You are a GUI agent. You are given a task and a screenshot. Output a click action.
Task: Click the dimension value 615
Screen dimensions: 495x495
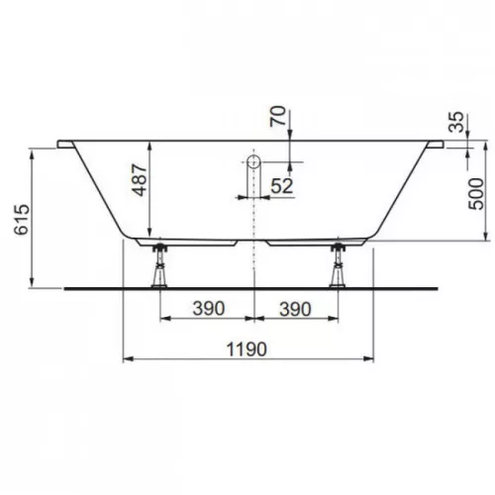(x=22, y=220)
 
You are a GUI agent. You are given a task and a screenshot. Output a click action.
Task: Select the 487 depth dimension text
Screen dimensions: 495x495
(x=140, y=180)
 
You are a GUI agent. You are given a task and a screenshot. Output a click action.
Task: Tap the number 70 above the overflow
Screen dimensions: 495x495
(x=278, y=116)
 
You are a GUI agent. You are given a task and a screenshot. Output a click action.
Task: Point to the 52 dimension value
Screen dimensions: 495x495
(x=282, y=186)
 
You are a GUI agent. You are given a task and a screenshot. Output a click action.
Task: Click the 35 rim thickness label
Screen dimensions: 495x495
(x=456, y=122)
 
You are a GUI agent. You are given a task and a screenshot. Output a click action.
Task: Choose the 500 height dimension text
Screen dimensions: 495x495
(x=476, y=194)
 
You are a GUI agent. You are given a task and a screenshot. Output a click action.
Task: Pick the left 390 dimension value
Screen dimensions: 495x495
(x=209, y=309)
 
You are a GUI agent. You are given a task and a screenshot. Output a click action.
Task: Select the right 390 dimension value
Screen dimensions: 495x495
(x=295, y=309)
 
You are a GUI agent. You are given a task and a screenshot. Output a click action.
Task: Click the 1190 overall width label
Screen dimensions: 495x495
(x=247, y=349)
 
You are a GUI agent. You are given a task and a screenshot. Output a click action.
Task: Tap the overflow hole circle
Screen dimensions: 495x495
(x=253, y=162)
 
